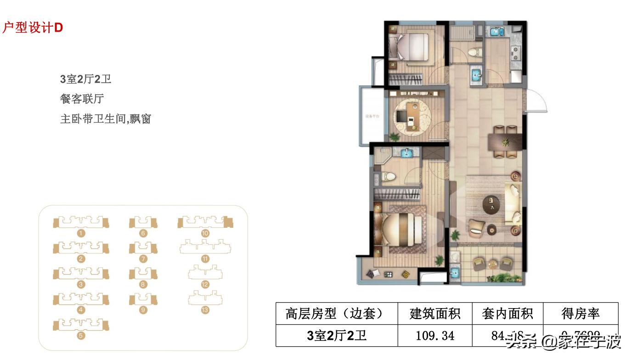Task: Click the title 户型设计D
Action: coord(32,28)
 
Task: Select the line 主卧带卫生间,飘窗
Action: coord(106,119)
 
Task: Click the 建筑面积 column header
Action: coord(434,314)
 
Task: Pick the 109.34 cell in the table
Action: coord(434,336)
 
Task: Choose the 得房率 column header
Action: coord(581,314)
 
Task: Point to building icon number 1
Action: coord(81,223)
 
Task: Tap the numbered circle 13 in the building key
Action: coord(205,310)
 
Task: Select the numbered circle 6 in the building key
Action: coord(143,233)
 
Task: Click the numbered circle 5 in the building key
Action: coord(81,336)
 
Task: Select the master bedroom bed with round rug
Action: coord(400,230)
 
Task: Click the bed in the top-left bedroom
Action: coord(409,46)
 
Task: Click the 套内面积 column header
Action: coord(507,314)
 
